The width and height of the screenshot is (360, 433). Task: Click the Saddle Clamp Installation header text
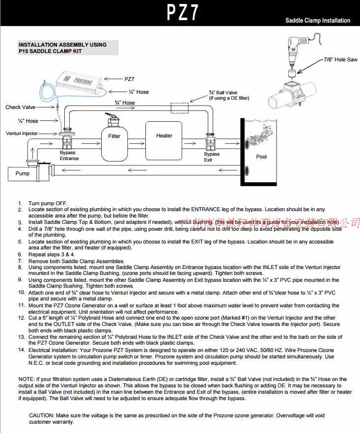tap(318, 21)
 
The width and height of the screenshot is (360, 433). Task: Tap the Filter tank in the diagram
tap(114, 140)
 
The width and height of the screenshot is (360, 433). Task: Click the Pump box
tap(23, 173)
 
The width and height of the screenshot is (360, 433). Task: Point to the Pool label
tap(262, 157)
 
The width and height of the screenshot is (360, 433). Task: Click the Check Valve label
tap(21, 107)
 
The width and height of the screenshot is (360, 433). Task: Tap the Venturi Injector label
tap(22, 134)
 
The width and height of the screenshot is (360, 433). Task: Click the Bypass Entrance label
tap(69, 156)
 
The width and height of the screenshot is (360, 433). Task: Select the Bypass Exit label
tap(212, 157)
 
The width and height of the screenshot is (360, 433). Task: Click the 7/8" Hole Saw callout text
tap(340, 60)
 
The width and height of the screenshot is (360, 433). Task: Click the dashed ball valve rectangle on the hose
tap(180, 107)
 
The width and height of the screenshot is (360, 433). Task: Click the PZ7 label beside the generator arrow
tap(130, 79)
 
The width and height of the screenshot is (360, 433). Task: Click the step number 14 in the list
tap(21, 350)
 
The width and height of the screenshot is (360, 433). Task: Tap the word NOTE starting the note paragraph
tap(26, 379)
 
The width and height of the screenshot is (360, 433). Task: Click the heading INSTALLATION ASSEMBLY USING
tap(62, 45)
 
